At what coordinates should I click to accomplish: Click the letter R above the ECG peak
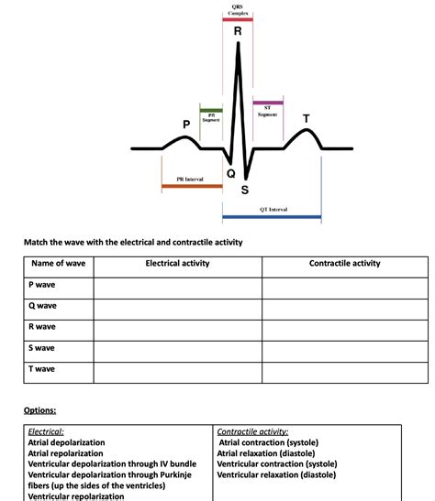239,31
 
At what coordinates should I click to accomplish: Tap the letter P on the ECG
186,124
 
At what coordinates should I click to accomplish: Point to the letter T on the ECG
307,118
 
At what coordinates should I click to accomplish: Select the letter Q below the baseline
230,172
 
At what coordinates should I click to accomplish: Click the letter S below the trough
244,191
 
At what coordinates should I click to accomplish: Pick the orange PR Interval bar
192,186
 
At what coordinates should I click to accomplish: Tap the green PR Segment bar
211,110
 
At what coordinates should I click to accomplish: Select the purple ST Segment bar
268,103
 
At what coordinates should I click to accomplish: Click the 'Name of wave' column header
58,264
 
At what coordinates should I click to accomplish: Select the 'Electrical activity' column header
177,264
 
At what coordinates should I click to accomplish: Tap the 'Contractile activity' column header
344,264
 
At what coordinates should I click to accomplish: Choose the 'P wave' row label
43,285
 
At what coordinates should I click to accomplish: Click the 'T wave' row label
43,368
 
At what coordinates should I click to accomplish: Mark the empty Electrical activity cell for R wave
177,327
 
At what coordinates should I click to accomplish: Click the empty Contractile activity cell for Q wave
344,306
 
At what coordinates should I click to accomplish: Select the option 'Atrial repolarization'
74,452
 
